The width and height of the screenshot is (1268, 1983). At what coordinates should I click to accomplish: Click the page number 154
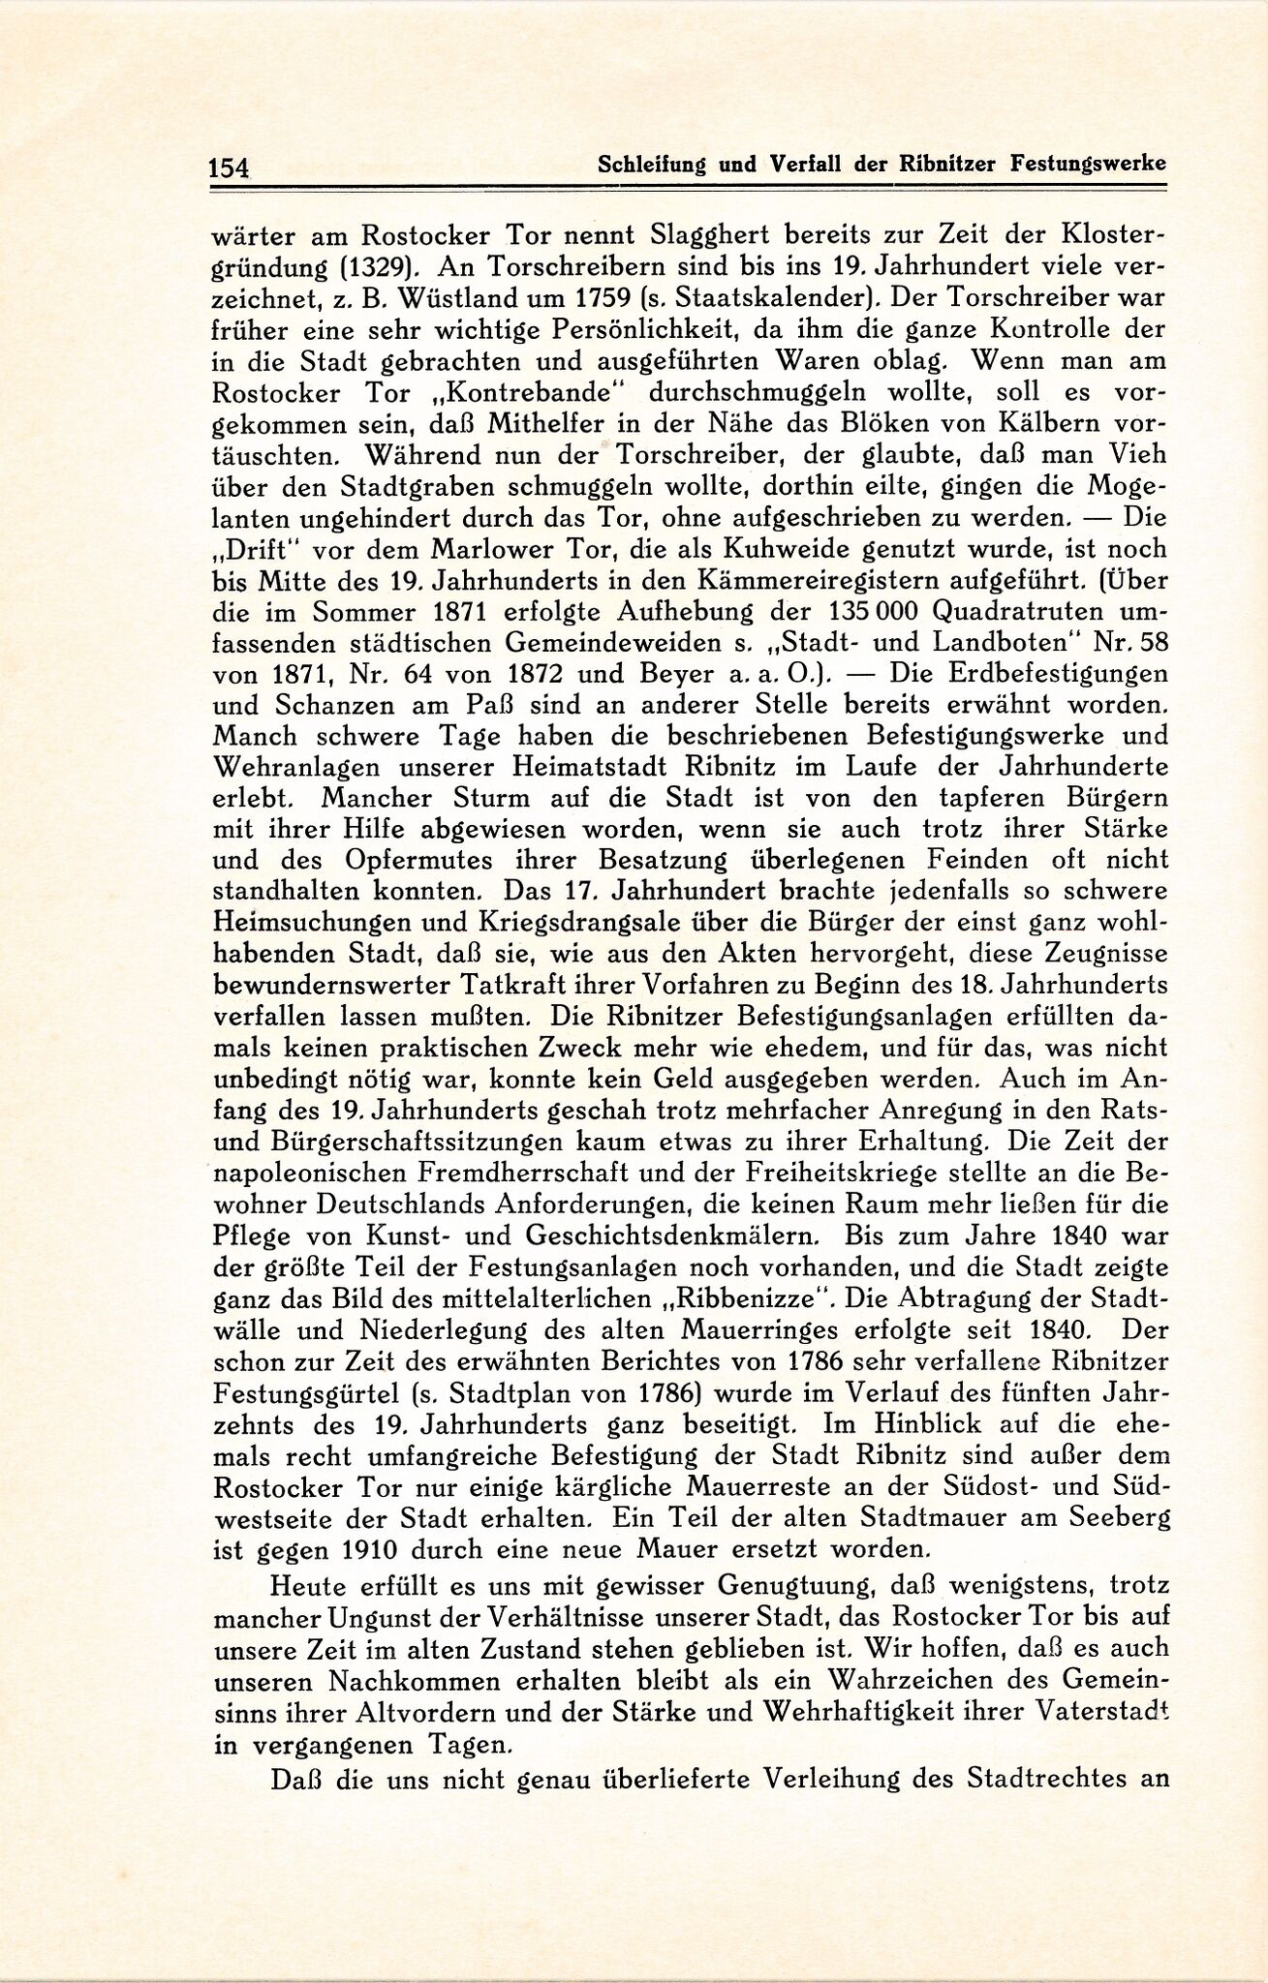pyautogui.click(x=229, y=167)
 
